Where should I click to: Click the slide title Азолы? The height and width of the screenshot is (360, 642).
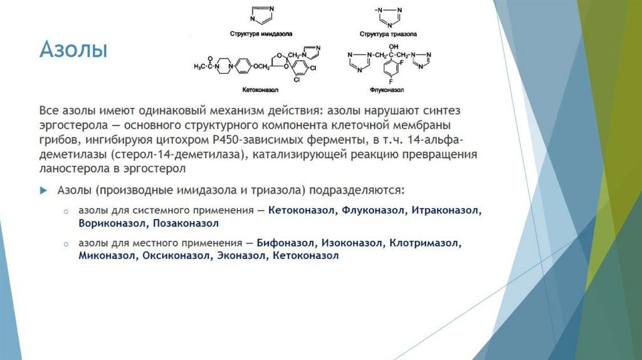click(73, 50)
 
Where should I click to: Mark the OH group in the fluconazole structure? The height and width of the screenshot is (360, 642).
click(393, 46)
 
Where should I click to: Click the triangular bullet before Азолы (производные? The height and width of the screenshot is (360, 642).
click(44, 189)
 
